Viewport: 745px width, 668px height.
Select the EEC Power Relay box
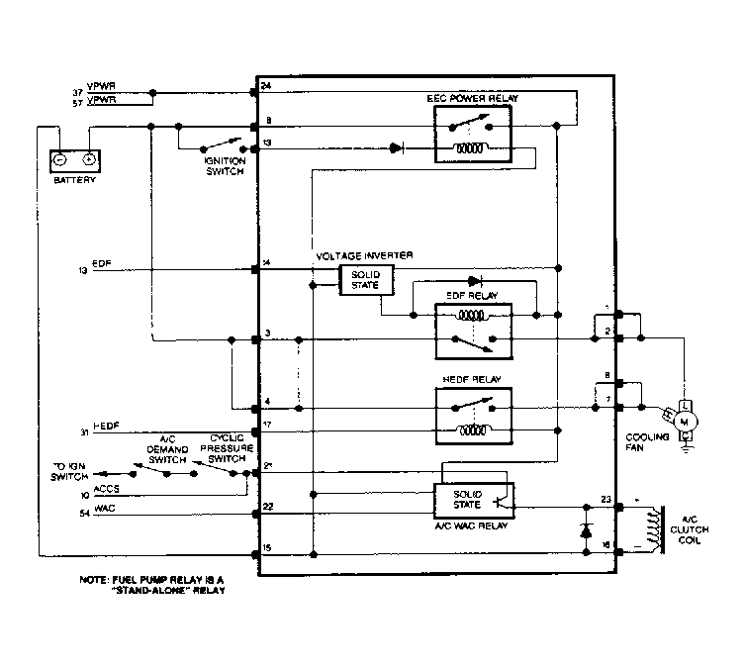click(x=472, y=134)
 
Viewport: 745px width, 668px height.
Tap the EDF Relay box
click(x=472, y=329)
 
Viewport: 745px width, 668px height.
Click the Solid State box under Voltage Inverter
click(x=365, y=281)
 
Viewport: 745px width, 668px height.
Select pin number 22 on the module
click(x=267, y=507)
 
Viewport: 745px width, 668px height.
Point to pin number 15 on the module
click(x=267, y=548)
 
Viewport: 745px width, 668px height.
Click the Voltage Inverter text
click(x=357, y=256)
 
